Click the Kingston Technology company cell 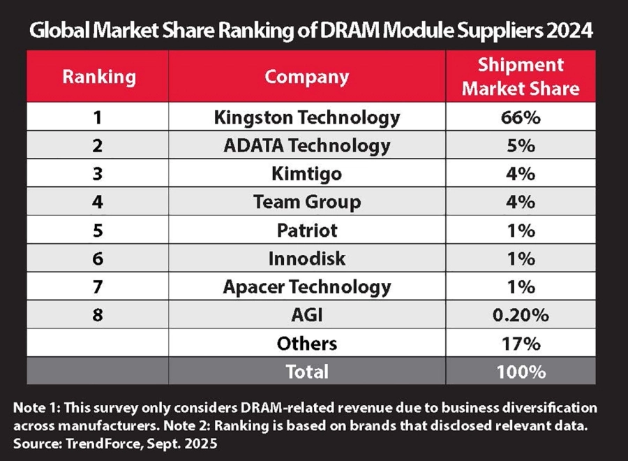(307, 117)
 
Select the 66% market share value (521, 117)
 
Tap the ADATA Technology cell (307, 145)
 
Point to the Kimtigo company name (307, 173)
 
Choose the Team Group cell (307, 202)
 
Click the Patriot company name (307, 230)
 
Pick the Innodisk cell (307, 258)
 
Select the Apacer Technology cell (307, 286)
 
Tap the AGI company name (307, 315)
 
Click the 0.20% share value (521, 315)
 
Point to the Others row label (307, 343)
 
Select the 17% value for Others (521, 343)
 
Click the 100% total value (521, 372)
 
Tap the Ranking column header (99, 76)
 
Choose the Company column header (307, 76)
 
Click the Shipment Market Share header (521, 76)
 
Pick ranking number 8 (99, 315)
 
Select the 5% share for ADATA (521, 145)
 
